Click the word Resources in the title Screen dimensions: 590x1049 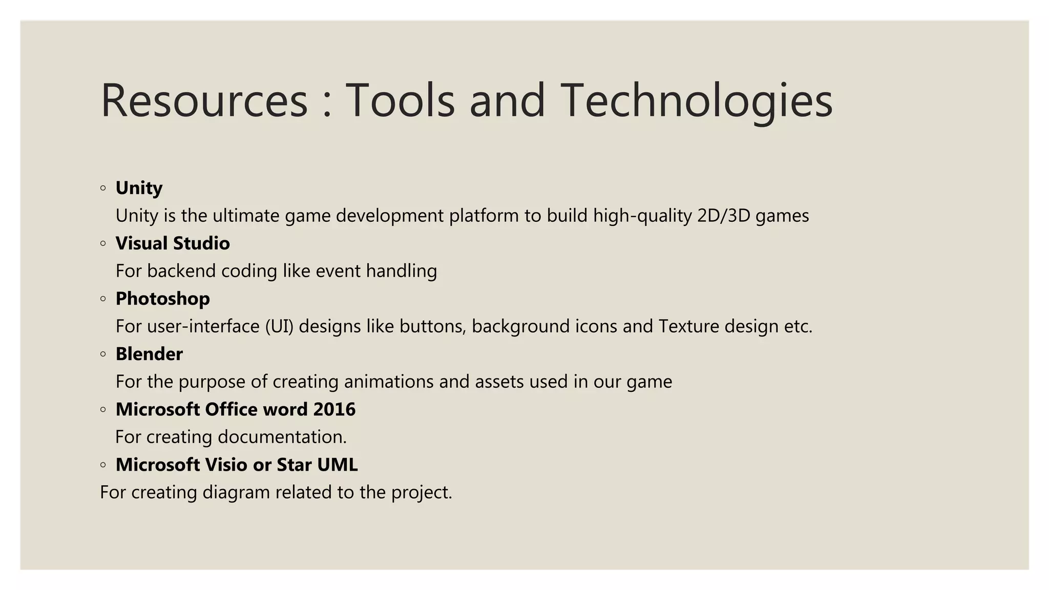pos(204,101)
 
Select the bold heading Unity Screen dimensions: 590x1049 pos(139,188)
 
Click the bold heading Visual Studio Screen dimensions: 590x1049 pos(173,243)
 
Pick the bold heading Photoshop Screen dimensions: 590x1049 pos(162,299)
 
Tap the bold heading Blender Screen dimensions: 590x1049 pos(149,354)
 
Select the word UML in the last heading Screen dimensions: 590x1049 pos(337,465)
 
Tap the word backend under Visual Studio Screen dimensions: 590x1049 pos(181,271)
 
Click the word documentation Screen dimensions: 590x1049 pos(282,437)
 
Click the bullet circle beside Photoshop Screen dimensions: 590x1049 pos(103,299)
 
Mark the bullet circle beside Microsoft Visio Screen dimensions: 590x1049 pos(103,465)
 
